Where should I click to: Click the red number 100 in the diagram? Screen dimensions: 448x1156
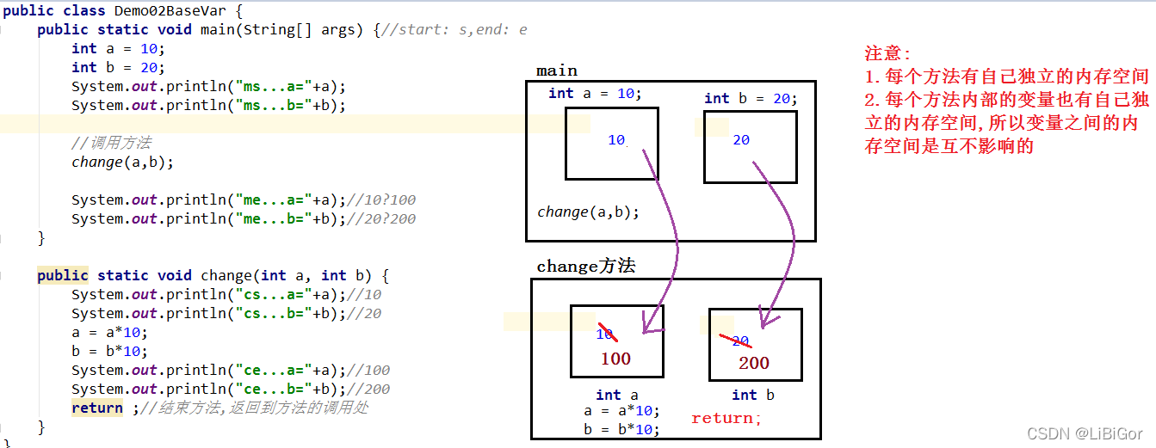(x=615, y=359)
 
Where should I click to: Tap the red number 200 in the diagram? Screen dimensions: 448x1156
(x=754, y=363)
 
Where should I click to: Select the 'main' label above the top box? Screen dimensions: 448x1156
(x=557, y=71)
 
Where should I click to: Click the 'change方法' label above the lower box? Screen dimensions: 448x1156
(x=586, y=267)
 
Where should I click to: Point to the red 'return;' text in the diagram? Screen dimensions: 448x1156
(x=726, y=419)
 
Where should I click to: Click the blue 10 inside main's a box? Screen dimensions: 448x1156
(x=616, y=140)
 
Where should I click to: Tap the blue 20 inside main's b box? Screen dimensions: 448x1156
(x=741, y=140)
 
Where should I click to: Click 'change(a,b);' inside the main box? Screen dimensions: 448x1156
(x=589, y=212)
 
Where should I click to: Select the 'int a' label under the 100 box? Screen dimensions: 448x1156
(x=617, y=395)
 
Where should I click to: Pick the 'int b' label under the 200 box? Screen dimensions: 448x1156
(x=753, y=395)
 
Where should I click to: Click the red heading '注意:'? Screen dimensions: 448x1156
(x=887, y=53)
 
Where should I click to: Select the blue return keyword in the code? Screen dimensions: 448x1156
(x=96, y=408)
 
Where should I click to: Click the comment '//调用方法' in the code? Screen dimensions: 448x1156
(x=111, y=143)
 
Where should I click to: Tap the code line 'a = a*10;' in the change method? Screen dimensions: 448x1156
(x=109, y=332)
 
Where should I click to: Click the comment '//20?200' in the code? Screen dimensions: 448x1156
(x=382, y=218)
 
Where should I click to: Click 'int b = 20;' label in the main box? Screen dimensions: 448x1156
(x=751, y=98)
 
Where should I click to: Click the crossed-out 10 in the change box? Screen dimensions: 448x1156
(x=606, y=334)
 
